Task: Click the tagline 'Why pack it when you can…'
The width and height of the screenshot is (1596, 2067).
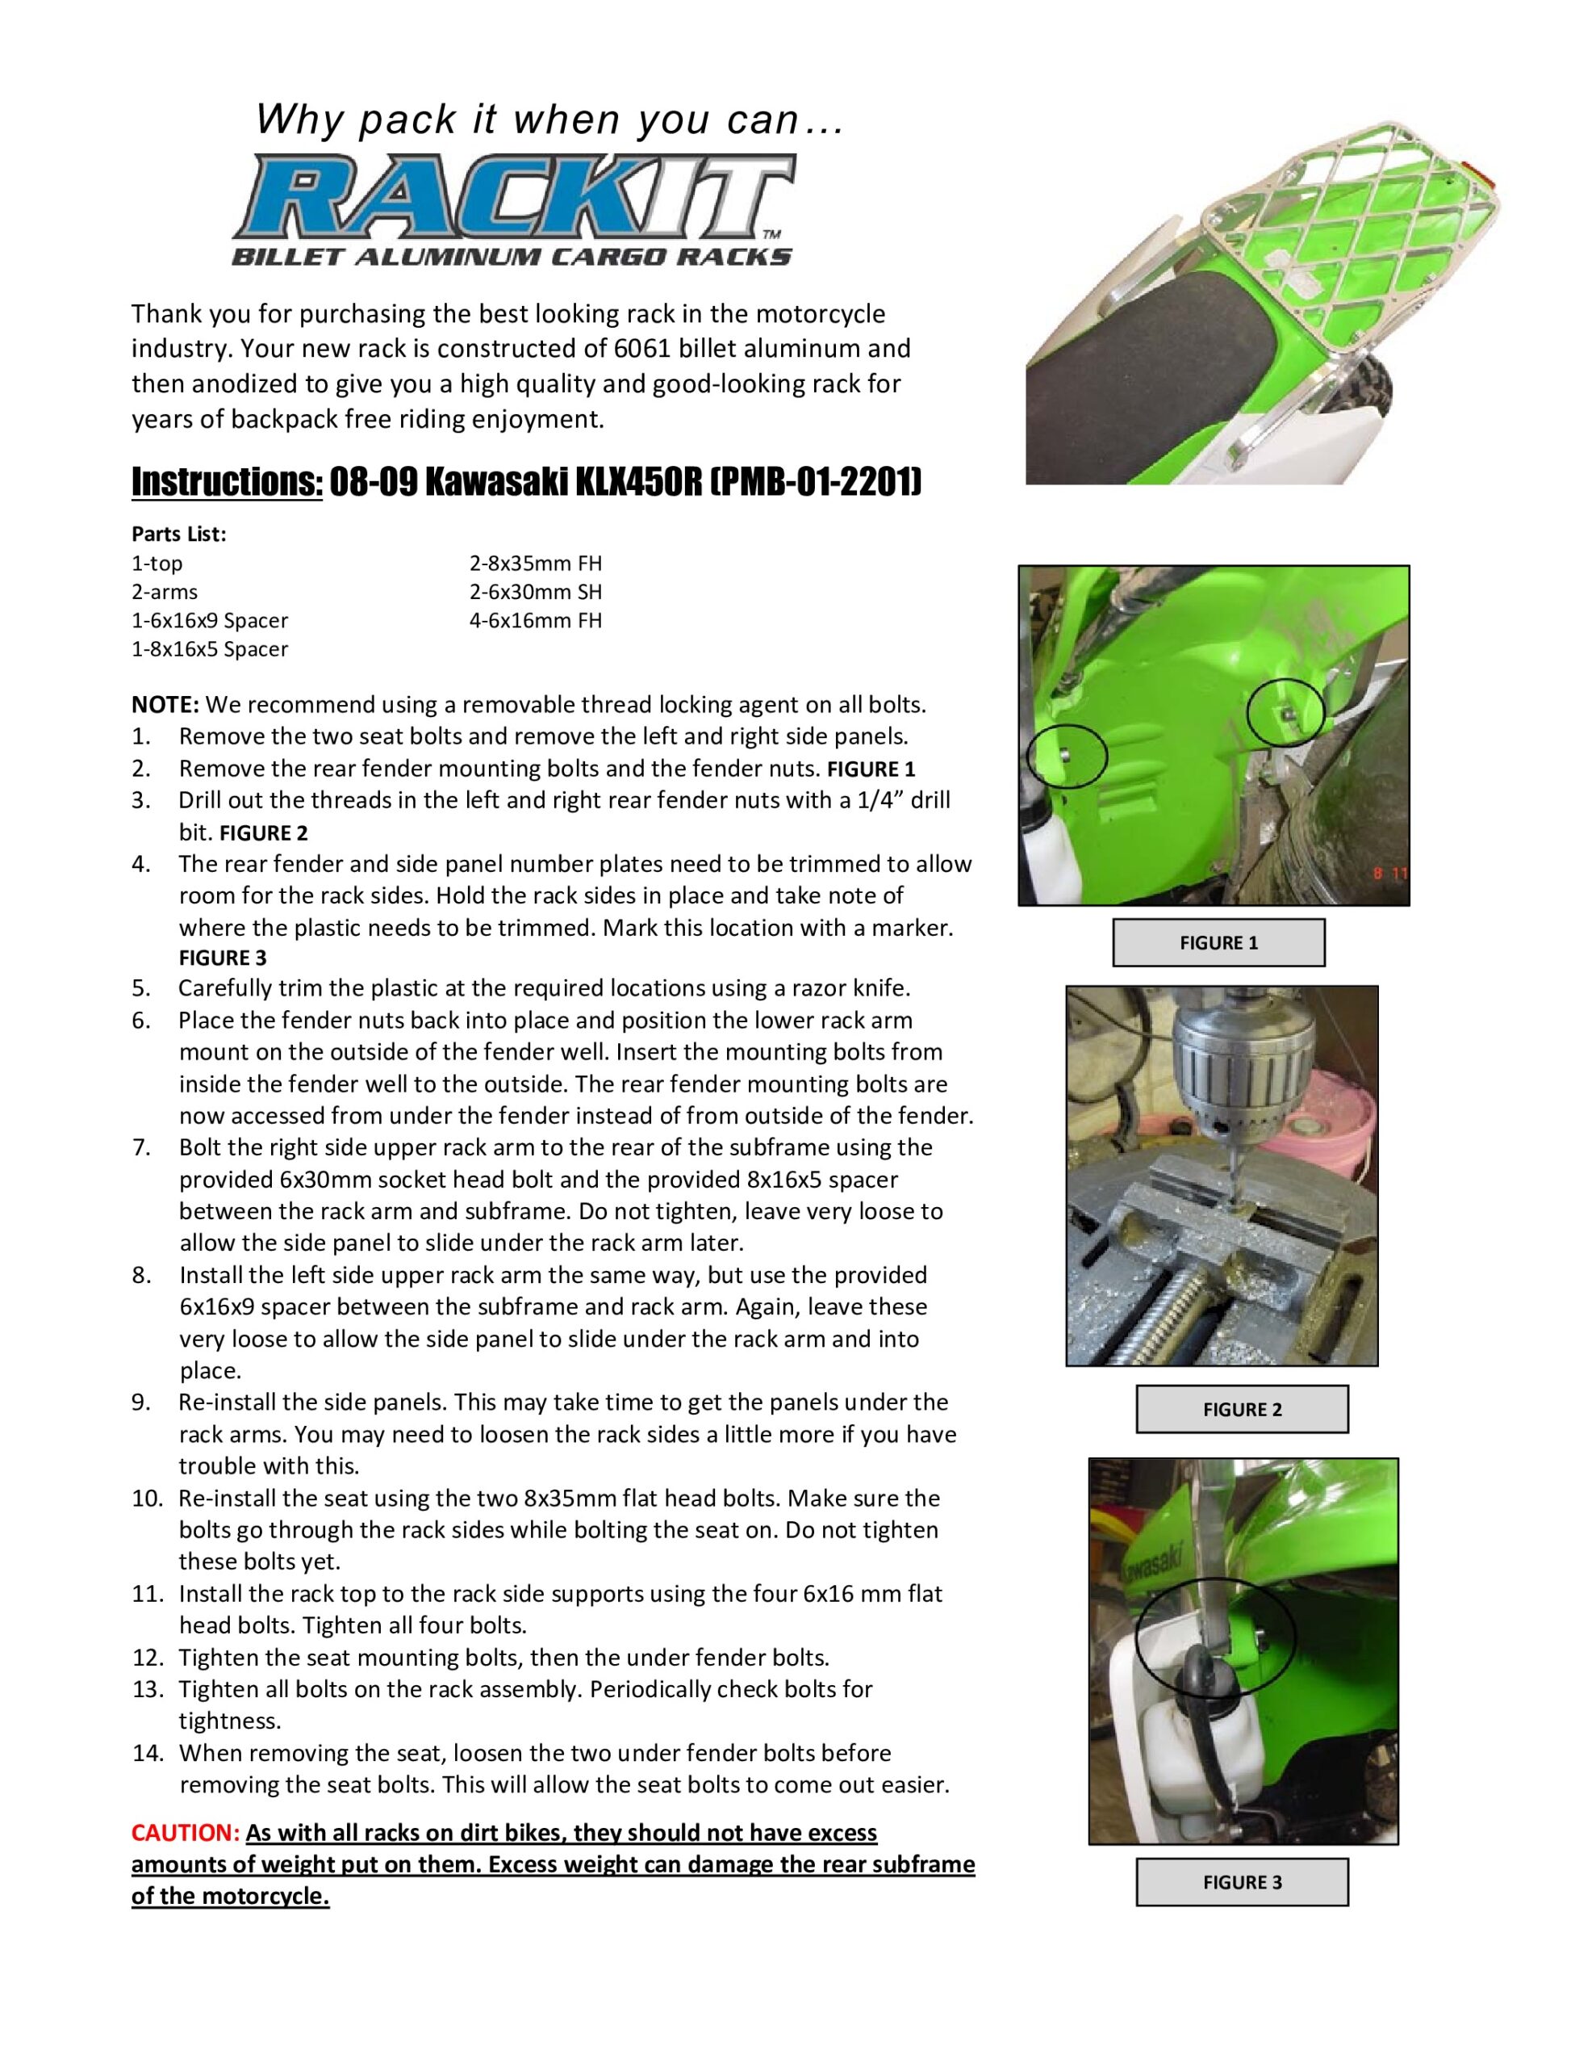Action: pyautogui.click(x=549, y=120)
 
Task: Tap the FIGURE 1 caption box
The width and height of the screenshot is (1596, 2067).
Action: pyautogui.click(x=1218, y=941)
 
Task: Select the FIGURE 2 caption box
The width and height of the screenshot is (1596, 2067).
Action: pyautogui.click(x=1241, y=1409)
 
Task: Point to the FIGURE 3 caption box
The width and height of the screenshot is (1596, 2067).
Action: pyautogui.click(x=1241, y=1881)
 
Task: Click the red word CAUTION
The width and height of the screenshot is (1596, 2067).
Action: pyautogui.click(x=186, y=1832)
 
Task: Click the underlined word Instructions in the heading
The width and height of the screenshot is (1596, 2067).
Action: pyautogui.click(x=227, y=482)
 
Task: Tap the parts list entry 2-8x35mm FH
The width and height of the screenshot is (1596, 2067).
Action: pyautogui.click(x=536, y=563)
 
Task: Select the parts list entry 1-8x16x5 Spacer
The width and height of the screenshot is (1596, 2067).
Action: pyautogui.click(x=210, y=649)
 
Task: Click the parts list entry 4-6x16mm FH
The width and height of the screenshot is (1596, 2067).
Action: pyautogui.click(x=536, y=621)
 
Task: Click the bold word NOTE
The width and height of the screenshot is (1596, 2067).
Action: pyautogui.click(x=165, y=704)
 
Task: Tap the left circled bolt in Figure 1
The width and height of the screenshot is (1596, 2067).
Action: pyautogui.click(x=1066, y=753)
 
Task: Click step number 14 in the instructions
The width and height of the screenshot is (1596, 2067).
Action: pyautogui.click(x=148, y=1753)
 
